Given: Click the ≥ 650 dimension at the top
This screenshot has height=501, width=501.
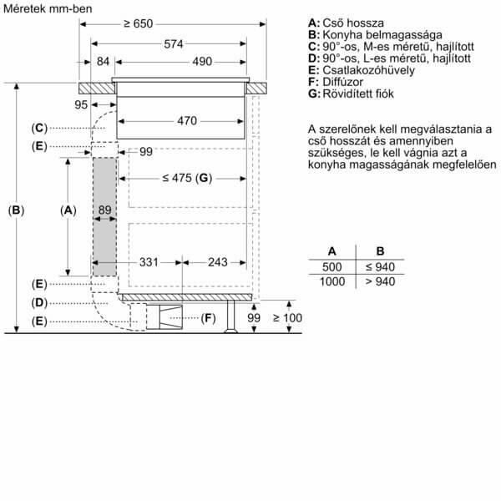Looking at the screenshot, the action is (139, 23).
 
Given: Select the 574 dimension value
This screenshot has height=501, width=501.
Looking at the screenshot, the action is (174, 44).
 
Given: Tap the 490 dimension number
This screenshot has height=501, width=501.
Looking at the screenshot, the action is (202, 61).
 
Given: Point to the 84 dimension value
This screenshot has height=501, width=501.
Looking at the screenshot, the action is (103, 61).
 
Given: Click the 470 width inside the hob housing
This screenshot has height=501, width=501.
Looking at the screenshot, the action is (187, 121).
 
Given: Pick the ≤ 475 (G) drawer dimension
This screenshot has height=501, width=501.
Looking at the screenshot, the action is (187, 178).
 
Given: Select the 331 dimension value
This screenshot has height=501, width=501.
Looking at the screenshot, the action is (149, 262).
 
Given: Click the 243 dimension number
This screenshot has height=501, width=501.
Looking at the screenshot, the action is (218, 262).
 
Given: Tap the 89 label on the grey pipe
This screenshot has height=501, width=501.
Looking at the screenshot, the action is (105, 210).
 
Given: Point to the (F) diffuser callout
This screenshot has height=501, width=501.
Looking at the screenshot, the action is (208, 318).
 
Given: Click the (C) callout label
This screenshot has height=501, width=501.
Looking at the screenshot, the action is (39, 128).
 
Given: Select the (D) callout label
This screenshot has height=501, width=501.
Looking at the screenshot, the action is (39, 302).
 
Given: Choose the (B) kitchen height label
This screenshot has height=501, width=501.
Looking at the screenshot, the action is (16, 210).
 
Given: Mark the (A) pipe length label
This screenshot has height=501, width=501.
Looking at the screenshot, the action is (68, 210).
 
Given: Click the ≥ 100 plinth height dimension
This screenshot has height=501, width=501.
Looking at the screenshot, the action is (287, 318).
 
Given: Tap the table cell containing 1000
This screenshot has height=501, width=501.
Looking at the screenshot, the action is (332, 281).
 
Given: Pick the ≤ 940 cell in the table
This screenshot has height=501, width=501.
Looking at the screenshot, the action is (380, 267).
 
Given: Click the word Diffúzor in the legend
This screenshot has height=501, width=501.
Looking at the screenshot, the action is (343, 82).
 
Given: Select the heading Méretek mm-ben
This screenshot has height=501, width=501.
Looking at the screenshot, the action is (48, 8).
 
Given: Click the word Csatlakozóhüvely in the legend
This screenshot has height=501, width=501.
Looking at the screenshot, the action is (369, 70).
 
